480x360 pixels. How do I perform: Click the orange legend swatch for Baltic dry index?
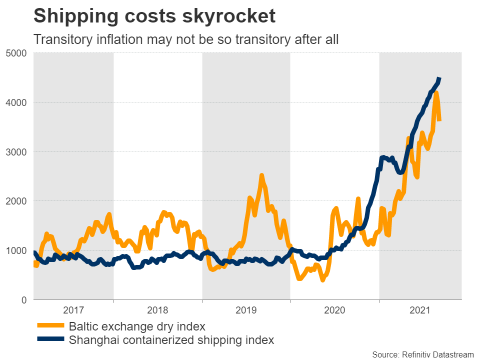point(50,326)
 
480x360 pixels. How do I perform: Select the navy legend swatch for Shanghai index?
point(50,340)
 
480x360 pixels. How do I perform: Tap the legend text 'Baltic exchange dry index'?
point(137,326)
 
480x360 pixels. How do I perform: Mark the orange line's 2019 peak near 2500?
point(261,176)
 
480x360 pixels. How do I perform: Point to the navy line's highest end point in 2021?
point(439,79)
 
